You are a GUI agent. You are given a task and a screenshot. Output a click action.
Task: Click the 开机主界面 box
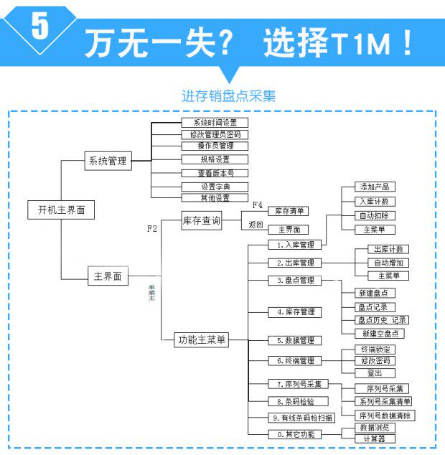click(61, 210)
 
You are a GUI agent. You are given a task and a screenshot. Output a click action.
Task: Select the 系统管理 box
click(107, 161)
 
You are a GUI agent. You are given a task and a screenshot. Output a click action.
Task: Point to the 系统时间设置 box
click(214, 123)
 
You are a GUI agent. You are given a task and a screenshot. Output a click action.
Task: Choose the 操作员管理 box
click(214, 146)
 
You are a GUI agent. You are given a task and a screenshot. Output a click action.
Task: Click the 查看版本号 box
click(214, 173)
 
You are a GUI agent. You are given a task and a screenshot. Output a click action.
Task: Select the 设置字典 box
click(214, 187)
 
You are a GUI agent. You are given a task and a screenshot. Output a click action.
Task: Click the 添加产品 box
click(375, 187)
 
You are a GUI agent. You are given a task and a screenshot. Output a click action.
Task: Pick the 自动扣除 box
click(375, 215)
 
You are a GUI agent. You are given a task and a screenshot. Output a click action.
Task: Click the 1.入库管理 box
click(295, 245)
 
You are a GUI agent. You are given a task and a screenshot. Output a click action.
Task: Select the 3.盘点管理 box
click(295, 280)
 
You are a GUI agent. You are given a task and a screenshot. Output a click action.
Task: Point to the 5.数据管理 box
click(295, 340)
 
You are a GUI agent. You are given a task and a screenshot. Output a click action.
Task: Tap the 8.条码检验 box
click(295, 402)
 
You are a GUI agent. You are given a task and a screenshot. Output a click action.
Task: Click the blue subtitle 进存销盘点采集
click(228, 95)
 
